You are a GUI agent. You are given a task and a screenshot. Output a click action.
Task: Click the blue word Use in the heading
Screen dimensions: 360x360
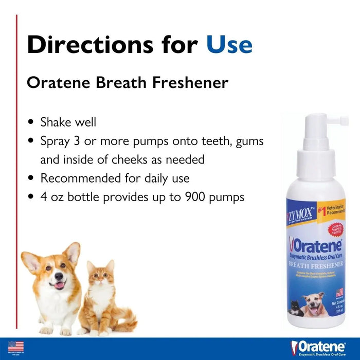pos(229,44)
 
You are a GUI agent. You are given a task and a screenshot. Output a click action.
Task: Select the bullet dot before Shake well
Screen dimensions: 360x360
pos(31,123)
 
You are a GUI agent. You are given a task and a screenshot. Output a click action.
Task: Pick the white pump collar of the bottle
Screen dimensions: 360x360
pos(315,160)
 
